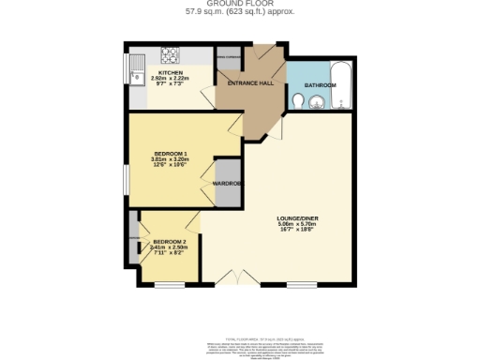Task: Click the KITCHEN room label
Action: pos(170,72)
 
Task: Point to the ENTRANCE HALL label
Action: pos(250,84)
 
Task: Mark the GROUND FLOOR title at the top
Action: pos(240,4)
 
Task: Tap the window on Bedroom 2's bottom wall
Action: pos(170,283)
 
